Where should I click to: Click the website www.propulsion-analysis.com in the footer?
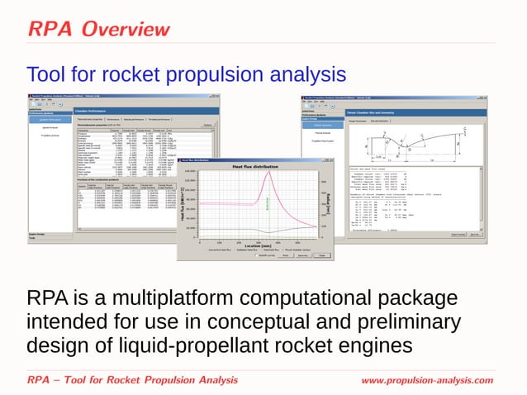pyautogui.click(x=427, y=380)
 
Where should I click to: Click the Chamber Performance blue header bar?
pyautogui.click(x=149, y=109)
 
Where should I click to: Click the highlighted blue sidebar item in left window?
pyautogui.click(x=50, y=120)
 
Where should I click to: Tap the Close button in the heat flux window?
pyautogui.click(x=323, y=256)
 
